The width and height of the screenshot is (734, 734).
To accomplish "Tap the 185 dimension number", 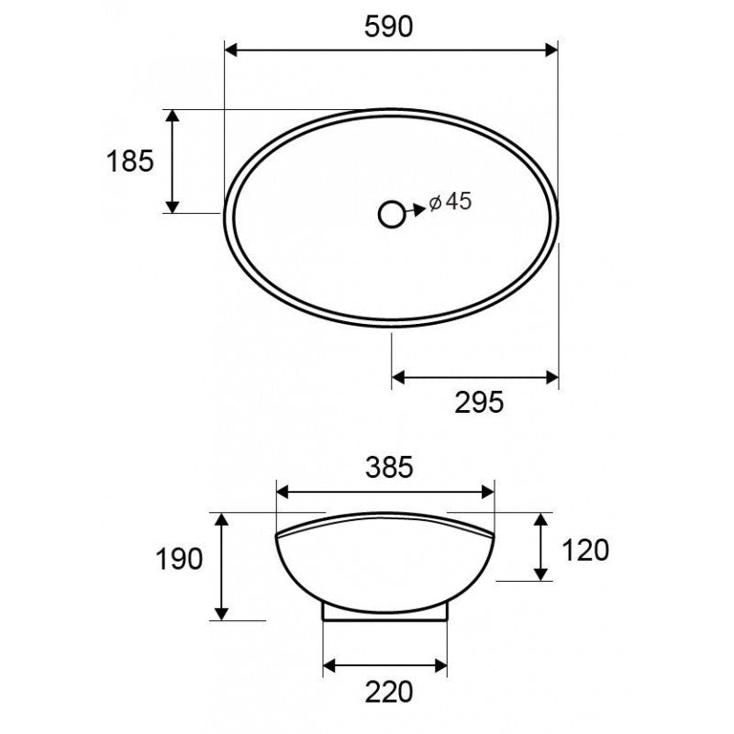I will pos(129,161).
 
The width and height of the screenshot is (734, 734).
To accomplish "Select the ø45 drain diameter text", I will pos(450,202).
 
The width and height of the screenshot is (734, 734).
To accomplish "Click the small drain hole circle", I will pos(392,214).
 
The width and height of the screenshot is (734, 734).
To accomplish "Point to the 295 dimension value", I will pos(479,402).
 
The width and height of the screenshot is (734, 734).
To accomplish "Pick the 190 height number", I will pos(179,559).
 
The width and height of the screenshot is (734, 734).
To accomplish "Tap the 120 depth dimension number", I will pos(584,550).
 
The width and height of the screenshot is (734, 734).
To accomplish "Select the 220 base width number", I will pos(387,689).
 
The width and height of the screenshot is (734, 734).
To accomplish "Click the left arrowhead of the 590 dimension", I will pos(231,49).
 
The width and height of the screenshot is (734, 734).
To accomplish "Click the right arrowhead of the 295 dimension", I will pos(552,376).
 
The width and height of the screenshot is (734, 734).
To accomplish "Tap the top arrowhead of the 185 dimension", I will pos(172,115).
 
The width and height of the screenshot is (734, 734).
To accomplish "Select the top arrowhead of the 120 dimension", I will pos(541,520).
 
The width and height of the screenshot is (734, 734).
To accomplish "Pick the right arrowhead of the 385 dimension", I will pos(489,493).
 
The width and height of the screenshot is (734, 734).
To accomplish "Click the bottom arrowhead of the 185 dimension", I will pos(172,206).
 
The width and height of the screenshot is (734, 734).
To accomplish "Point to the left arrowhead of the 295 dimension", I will pos(398,376).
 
